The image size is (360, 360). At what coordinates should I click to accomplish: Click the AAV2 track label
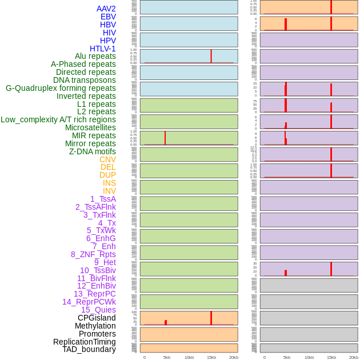[x=106, y=9]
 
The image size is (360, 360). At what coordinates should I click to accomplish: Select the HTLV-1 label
[x=103, y=49]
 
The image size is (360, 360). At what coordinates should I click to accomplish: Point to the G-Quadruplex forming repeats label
[x=61, y=88]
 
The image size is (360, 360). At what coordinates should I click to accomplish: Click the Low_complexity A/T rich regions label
[x=58, y=119]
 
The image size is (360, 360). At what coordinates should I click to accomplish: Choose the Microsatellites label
[x=90, y=127]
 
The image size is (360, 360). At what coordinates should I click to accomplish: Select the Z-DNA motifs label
[x=93, y=151]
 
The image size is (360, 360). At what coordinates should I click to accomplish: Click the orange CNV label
[x=107, y=159]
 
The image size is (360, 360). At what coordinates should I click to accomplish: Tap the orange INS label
[x=109, y=183]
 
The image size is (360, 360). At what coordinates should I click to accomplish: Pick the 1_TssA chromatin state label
[x=103, y=199]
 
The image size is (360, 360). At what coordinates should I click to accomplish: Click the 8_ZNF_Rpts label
[x=93, y=254]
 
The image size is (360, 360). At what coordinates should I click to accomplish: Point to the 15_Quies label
[x=98, y=310]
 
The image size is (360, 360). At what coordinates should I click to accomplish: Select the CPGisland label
[x=97, y=318]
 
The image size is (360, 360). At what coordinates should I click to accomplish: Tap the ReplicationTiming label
[x=85, y=342]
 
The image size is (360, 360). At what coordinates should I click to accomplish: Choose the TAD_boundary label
[x=89, y=349]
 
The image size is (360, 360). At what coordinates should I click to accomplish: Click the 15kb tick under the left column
[x=211, y=357]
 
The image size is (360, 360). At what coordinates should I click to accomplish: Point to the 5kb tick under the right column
[x=287, y=357]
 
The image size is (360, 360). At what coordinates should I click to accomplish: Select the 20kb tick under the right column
[x=353, y=357]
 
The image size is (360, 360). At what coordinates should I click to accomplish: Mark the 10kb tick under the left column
[x=189, y=357]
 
